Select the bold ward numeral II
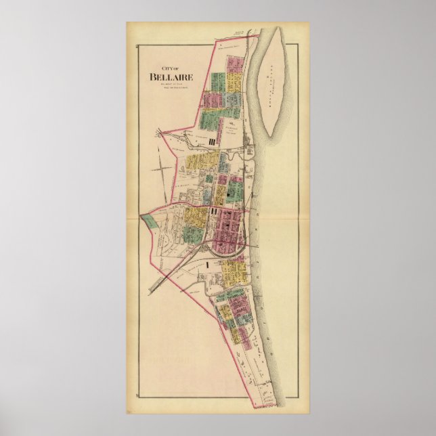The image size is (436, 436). (214, 213)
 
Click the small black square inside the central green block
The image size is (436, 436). (230, 194)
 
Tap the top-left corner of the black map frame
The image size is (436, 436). (137, 44)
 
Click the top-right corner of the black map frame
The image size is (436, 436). (299, 44)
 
